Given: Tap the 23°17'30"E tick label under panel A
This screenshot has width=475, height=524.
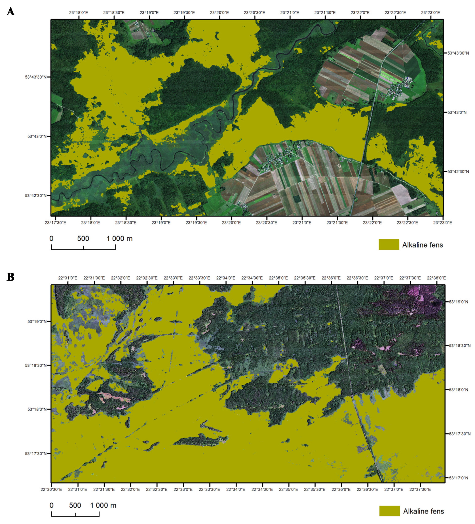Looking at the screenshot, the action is coord(55,223).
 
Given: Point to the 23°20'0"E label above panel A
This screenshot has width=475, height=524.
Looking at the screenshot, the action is coord(219,13).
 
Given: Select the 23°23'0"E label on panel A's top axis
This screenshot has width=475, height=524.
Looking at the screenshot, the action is coord(430,13).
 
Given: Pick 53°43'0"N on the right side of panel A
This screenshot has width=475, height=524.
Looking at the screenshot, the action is coord(457,113).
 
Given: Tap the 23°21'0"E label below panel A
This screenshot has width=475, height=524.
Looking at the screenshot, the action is coord(302,223).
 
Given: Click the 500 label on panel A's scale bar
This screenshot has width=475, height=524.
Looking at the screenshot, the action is coord(83,239).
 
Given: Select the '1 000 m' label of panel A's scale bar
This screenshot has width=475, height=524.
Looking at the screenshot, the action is coord(120,239).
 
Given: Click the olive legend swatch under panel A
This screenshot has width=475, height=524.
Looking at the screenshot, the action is coord(389,245).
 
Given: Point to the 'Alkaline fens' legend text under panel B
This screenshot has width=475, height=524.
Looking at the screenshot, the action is coord(424,511).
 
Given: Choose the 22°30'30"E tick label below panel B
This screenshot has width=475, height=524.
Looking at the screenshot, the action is coord(51,490).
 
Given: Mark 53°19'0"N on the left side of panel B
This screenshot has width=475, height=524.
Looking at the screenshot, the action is coord(37,322).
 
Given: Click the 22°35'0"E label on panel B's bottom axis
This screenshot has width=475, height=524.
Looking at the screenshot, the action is coord(289,490).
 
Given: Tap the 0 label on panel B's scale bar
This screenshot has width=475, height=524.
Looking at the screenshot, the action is coord(51,505).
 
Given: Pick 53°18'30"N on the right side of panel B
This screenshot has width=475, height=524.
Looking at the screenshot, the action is coord(460,346).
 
